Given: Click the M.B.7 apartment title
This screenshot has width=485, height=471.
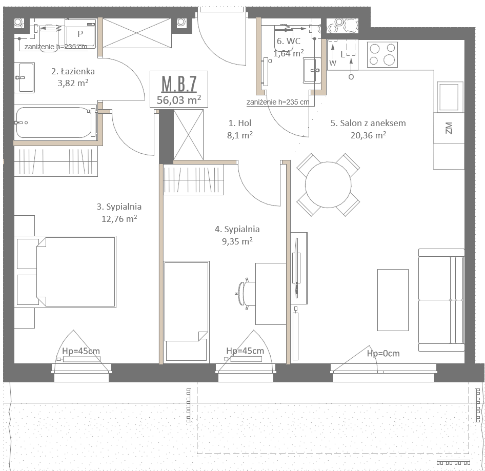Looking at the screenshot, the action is point(179,84).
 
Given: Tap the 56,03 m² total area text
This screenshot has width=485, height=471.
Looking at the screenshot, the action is point(179,100).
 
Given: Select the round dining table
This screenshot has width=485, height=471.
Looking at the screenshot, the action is point(328,185).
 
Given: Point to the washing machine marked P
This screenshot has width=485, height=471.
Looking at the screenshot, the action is point(80,33).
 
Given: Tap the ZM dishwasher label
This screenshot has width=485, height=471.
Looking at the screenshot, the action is point(449,128).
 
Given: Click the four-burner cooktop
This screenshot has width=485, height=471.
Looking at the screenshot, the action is point(382,54).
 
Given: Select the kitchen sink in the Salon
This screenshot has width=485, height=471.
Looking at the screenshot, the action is point(450,97).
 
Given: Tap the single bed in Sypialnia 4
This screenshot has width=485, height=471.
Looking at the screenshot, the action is point(187,311).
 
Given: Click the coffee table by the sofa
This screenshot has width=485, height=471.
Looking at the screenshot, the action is point(393,300).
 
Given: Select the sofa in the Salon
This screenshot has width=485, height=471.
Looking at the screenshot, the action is point(441,300).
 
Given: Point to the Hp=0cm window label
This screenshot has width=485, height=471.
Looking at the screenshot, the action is point(383,353).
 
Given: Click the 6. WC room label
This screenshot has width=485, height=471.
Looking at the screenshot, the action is point(289,41).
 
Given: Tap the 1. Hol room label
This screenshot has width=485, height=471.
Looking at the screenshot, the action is point(240,123).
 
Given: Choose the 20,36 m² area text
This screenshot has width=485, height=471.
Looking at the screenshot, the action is point(368,135).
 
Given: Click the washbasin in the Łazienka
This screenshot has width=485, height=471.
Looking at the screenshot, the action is point(25,77).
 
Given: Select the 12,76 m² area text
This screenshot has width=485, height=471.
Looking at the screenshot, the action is point(119,219).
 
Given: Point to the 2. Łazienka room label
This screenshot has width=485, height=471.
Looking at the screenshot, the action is point(73,71).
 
